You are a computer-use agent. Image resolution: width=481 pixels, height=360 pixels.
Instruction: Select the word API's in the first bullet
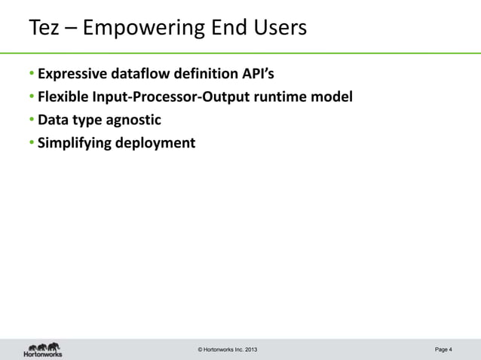[x=256, y=75]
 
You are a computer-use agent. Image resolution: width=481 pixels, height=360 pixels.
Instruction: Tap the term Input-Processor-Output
[x=164, y=97]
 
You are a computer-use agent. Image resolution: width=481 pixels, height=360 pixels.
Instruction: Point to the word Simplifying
[x=74, y=142]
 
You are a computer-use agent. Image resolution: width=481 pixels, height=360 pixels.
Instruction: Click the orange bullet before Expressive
[x=32, y=75]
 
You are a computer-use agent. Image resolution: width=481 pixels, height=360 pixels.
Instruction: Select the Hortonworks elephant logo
[x=43, y=348]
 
